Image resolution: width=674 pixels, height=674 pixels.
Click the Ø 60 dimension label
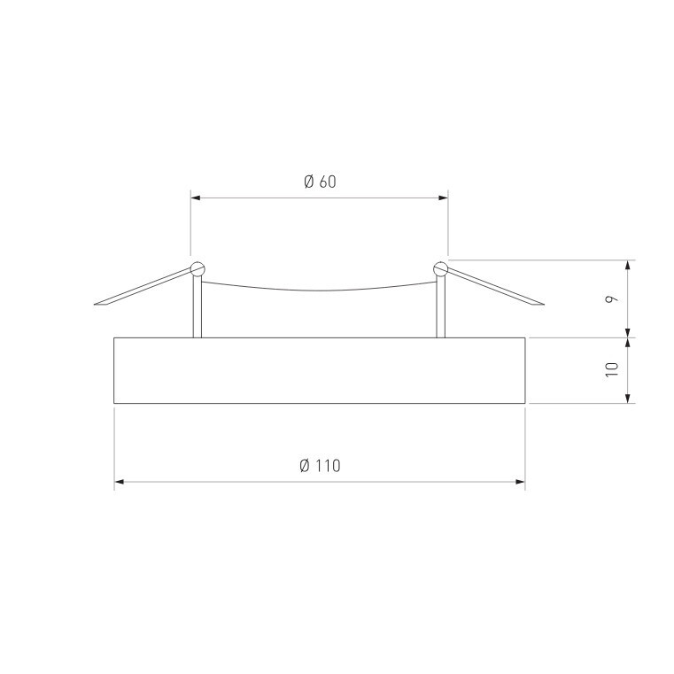[x=320, y=182]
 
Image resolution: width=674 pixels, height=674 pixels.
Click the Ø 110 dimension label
[x=320, y=466]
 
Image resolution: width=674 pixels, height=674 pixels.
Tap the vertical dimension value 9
[x=611, y=298]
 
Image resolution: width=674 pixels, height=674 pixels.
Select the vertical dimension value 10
[x=611, y=369]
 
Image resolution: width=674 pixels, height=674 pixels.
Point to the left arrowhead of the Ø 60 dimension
[x=196, y=198]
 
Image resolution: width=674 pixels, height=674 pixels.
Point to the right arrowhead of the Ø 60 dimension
[x=443, y=198]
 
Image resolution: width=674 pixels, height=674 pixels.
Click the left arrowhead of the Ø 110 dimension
[x=119, y=482]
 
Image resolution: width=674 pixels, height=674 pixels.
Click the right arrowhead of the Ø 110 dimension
[x=520, y=482]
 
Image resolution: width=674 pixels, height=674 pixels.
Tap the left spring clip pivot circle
[x=198, y=269]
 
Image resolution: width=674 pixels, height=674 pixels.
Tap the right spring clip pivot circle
[x=441, y=269]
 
